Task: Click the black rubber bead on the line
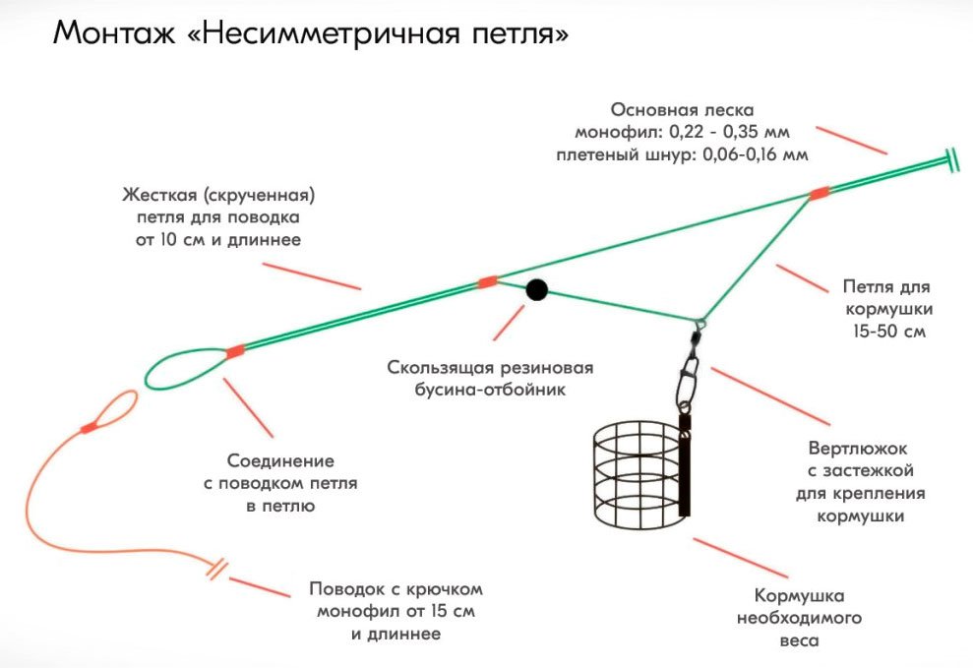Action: pyautogui.click(x=536, y=289)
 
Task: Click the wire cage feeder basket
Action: pyautogui.click(x=634, y=471)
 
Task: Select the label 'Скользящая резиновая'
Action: pyautogui.click(x=490, y=368)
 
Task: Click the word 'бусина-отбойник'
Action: pyautogui.click(x=490, y=390)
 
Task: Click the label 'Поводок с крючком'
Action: pyautogui.click(x=395, y=588)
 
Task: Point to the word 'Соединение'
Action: pyautogui.click(x=280, y=460)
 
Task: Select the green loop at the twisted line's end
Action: pyautogui.click(x=183, y=368)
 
